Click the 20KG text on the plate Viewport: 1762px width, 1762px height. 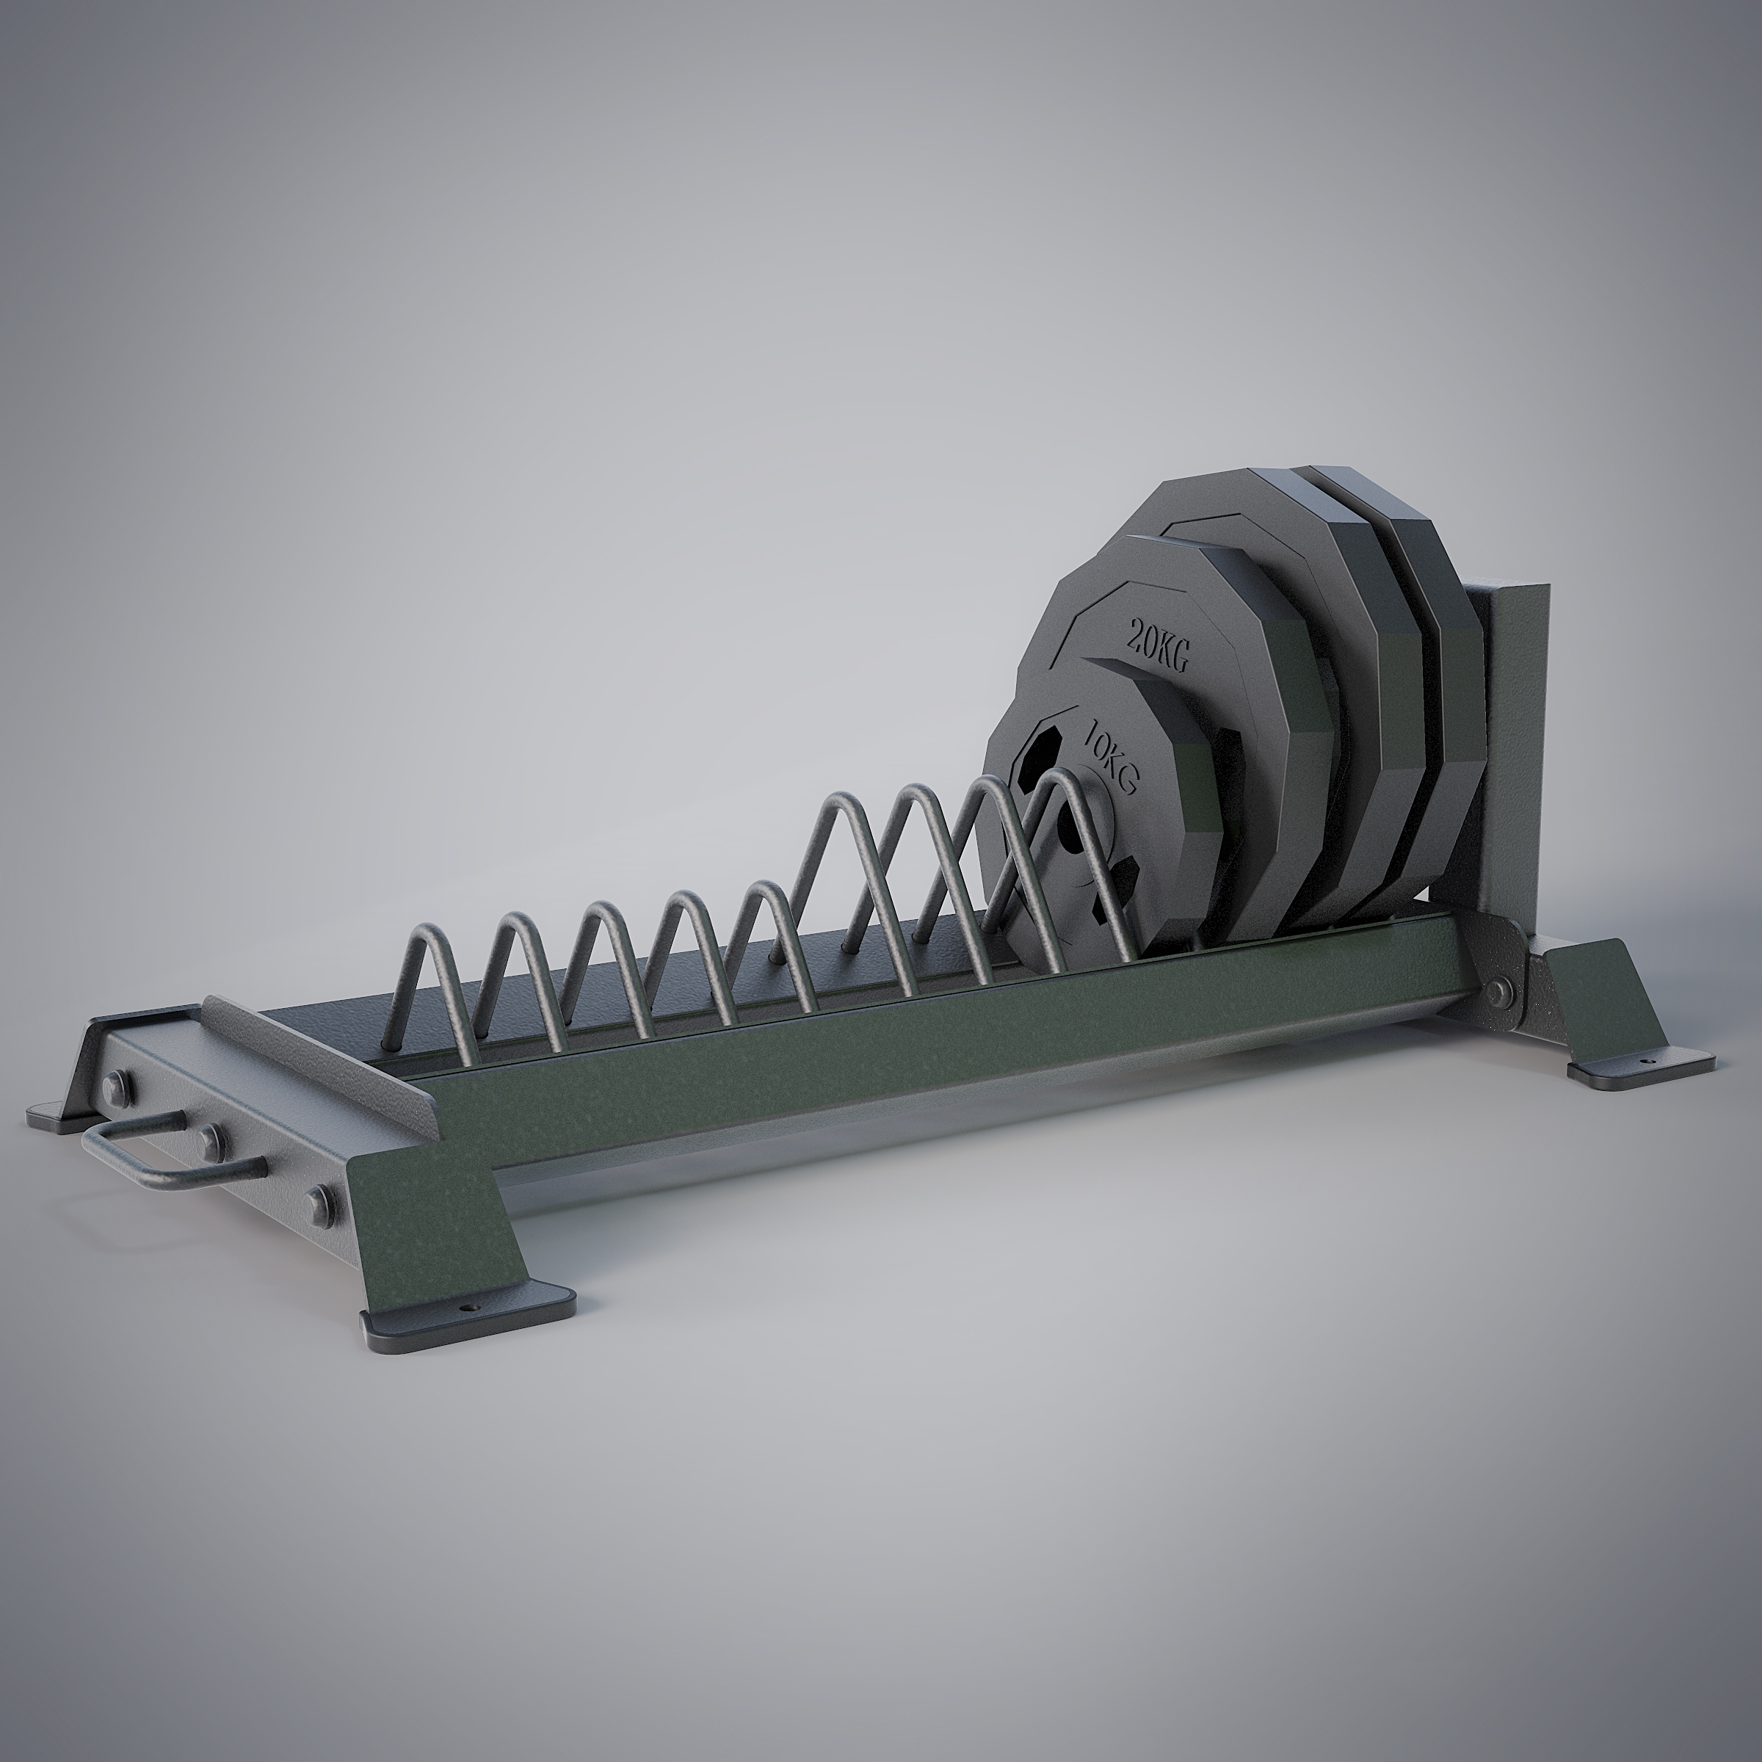click(1159, 643)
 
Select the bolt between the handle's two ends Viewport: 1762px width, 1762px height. click(212, 1136)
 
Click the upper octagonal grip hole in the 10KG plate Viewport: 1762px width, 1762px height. click(1040, 753)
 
